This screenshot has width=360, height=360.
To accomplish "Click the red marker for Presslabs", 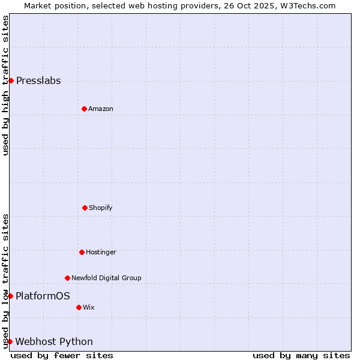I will [x=11, y=80].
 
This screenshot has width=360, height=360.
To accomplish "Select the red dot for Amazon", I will [x=84, y=109].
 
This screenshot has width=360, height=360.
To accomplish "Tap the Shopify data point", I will [x=85, y=208].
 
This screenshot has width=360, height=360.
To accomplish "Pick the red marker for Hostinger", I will [x=82, y=252].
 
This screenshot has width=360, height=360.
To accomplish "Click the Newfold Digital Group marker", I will [x=67, y=278].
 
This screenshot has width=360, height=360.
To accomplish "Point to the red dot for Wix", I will [x=79, y=307].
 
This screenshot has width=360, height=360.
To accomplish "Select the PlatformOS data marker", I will [x=10, y=296].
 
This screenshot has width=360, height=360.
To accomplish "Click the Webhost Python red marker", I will [x=10, y=341].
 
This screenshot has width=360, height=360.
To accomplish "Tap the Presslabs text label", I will [x=38, y=81].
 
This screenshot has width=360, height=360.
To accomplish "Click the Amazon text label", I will [x=101, y=109].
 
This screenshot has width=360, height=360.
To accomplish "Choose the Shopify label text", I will [x=101, y=208].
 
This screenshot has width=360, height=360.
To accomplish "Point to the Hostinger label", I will [x=101, y=253].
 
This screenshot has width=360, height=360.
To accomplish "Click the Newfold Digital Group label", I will [x=106, y=278].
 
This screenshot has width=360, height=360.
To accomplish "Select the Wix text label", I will [x=89, y=308].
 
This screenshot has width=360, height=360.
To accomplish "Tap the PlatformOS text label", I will [x=43, y=296].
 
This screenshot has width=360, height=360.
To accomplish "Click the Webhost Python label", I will [x=54, y=342].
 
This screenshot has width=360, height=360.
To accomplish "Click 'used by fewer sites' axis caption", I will [x=62, y=355].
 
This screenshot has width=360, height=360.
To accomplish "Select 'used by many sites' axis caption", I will [x=301, y=355].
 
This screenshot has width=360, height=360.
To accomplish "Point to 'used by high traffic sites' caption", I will [x=5, y=85].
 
